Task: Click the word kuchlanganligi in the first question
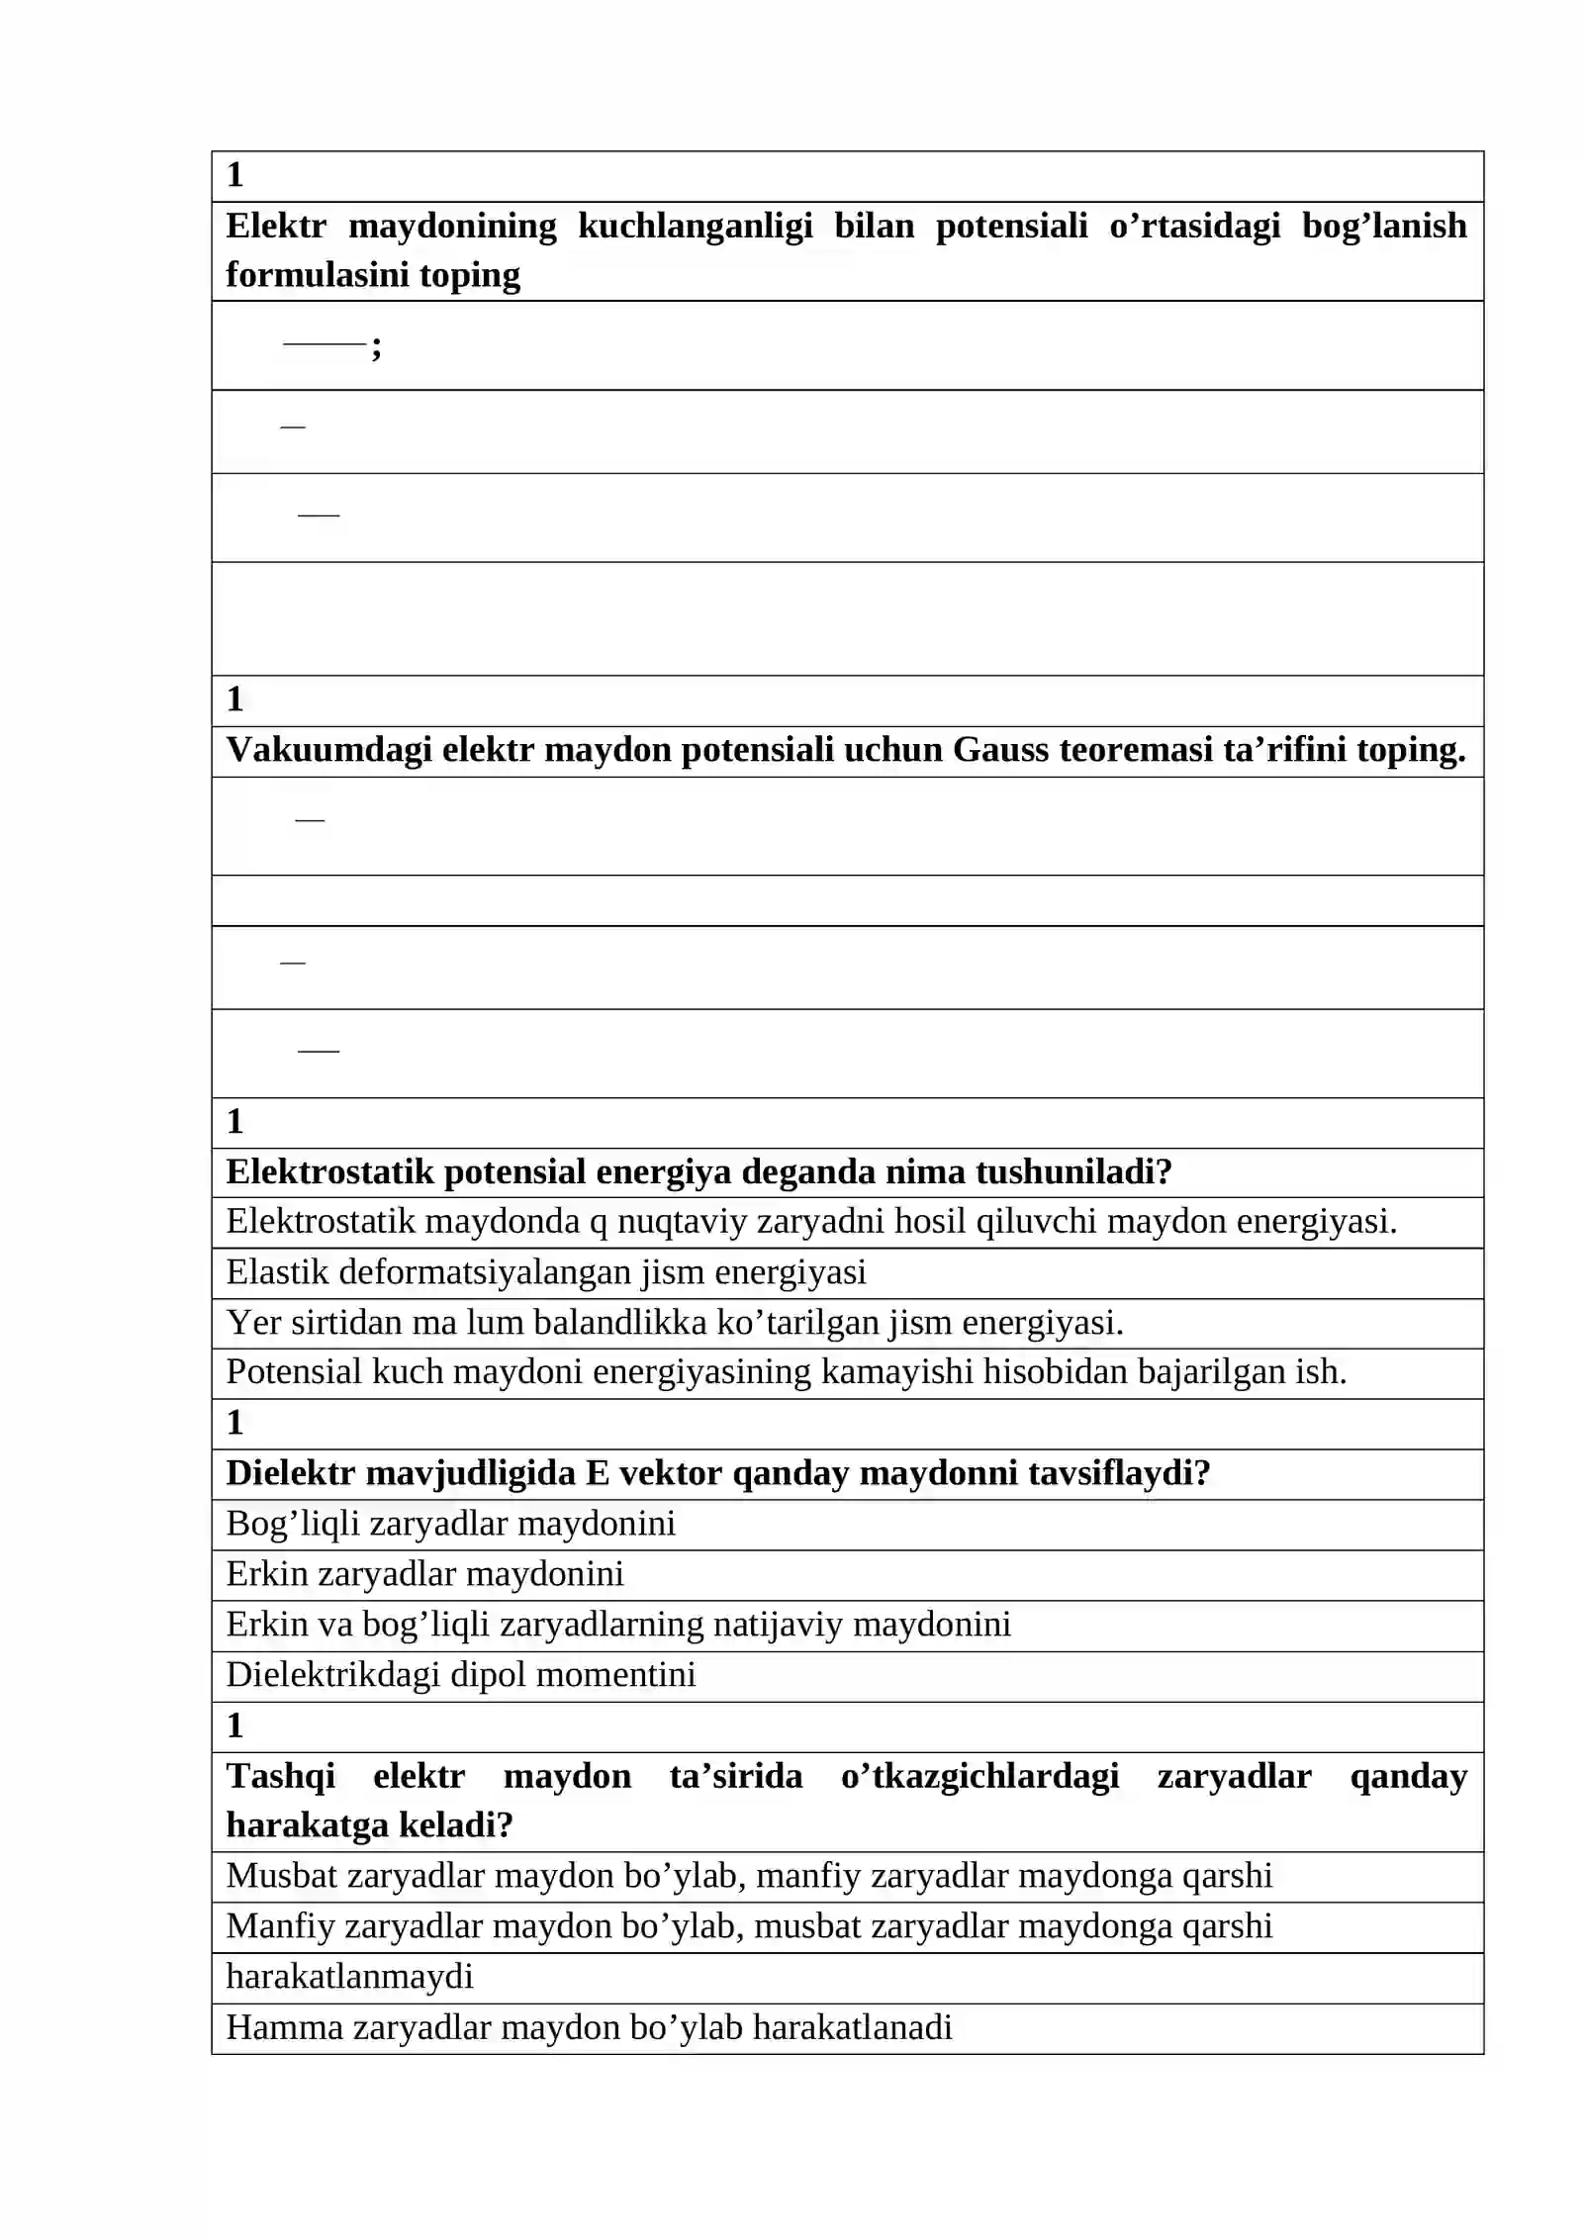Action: click(695, 227)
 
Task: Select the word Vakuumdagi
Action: click(328, 750)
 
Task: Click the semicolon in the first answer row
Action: click(376, 346)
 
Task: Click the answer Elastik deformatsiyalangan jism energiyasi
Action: click(545, 1271)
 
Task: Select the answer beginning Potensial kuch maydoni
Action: click(786, 1372)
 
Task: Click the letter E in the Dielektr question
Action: click(598, 1473)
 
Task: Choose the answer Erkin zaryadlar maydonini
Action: click(424, 1574)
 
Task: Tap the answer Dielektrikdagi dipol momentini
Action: click(460, 1675)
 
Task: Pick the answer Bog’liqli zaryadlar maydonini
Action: click(450, 1524)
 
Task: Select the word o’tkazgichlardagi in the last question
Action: click(979, 1776)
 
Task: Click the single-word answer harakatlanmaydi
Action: click(349, 1977)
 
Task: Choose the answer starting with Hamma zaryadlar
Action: click(589, 2027)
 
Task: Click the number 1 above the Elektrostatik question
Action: click(234, 1121)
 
